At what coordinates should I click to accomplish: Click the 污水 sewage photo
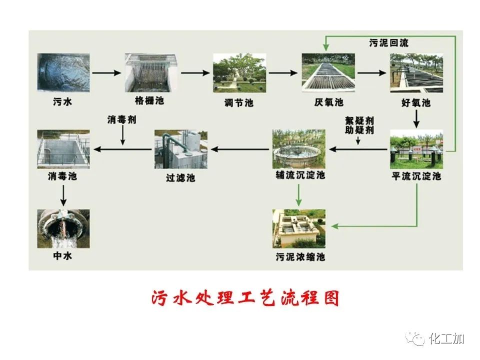[63, 73]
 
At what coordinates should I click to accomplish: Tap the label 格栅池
[149, 101]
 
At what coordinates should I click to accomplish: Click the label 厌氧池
[328, 102]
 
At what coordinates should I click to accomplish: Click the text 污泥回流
[388, 43]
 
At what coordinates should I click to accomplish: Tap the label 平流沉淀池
[416, 176]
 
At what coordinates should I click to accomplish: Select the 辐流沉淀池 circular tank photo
[298, 148]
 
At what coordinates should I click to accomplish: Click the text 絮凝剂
[359, 121]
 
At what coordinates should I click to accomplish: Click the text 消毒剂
[121, 120]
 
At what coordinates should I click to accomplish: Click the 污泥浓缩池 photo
[298, 228]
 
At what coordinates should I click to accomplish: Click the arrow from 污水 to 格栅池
[107, 73]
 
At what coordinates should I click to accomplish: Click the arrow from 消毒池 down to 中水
[63, 195]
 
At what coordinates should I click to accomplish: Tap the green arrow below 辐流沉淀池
[298, 195]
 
